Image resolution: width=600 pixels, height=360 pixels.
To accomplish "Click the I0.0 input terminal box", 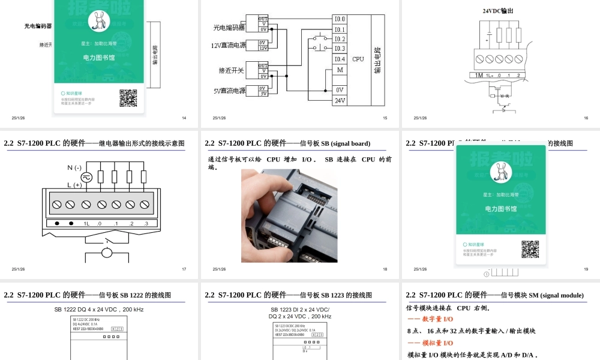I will [x=340, y=19].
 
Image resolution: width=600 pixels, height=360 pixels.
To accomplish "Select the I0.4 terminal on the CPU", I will [x=340, y=59].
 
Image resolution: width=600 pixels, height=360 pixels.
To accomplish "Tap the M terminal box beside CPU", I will [x=340, y=70].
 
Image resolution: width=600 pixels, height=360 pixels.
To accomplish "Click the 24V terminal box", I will [x=340, y=100].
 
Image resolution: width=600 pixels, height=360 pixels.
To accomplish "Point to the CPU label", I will [x=358, y=59].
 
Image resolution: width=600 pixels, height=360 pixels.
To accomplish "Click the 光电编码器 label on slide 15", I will [x=229, y=28].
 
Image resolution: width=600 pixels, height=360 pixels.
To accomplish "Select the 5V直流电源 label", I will [x=229, y=91].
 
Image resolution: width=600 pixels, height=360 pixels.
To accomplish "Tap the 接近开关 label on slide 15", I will [x=232, y=71].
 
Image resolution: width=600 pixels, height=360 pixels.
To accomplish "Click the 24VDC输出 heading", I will [x=498, y=11].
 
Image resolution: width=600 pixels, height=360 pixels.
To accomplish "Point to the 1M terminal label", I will [x=478, y=76].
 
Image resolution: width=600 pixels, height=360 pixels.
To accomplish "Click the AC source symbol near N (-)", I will [x=85, y=177].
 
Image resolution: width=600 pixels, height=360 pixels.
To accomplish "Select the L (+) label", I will [x=74, y=185].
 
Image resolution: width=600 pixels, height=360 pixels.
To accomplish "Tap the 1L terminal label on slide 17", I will [x=86, y=224].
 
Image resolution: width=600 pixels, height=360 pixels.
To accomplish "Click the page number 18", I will [x=385, y=269].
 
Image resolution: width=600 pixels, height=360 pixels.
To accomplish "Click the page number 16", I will [x=586, y=118].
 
